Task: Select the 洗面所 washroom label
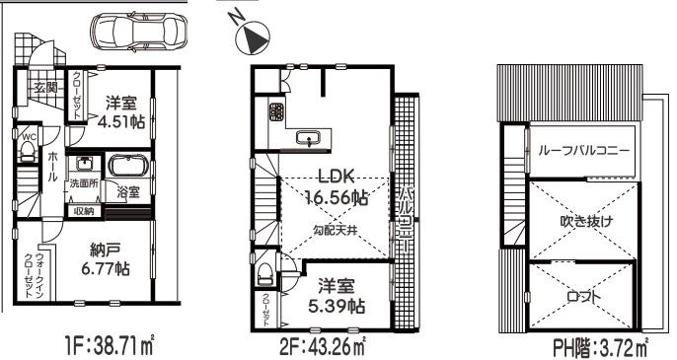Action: [x=83, y=184]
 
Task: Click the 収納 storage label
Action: [x=83, y=210]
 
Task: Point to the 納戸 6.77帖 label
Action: [x=106, y=259]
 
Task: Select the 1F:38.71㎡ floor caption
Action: [x=99, y=346]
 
